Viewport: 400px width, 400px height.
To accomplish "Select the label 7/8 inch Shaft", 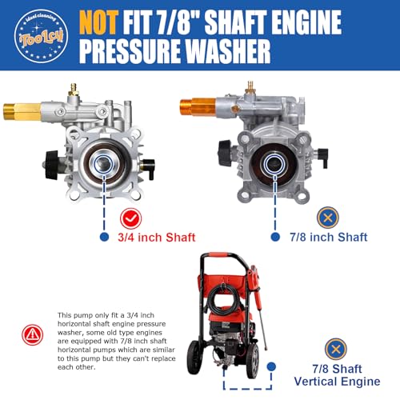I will (330, 237).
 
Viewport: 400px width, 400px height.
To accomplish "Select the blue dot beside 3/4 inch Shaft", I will (103, 237).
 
